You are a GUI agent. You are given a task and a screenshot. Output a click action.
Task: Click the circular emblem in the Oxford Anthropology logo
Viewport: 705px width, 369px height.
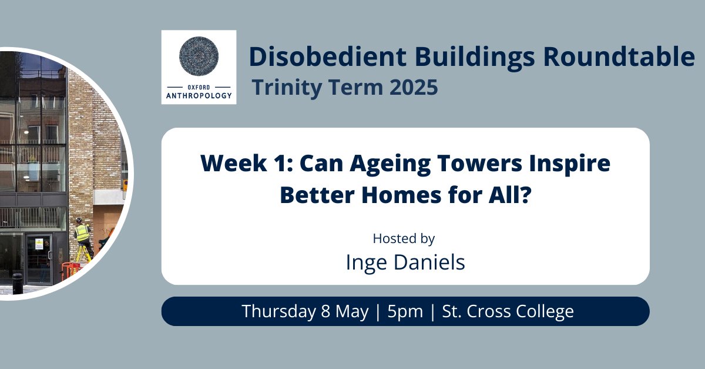199,57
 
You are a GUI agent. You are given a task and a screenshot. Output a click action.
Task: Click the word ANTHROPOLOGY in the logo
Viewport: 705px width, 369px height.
199,94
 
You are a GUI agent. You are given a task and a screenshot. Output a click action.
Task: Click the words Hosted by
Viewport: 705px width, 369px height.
404,238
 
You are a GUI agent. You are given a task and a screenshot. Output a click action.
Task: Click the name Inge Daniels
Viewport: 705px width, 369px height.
405,262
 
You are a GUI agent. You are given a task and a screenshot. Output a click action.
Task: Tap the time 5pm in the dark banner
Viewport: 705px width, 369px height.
405,311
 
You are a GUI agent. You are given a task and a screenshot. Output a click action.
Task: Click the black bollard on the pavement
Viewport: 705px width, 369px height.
18,283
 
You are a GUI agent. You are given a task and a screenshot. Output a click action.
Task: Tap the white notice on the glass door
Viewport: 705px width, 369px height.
38,242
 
